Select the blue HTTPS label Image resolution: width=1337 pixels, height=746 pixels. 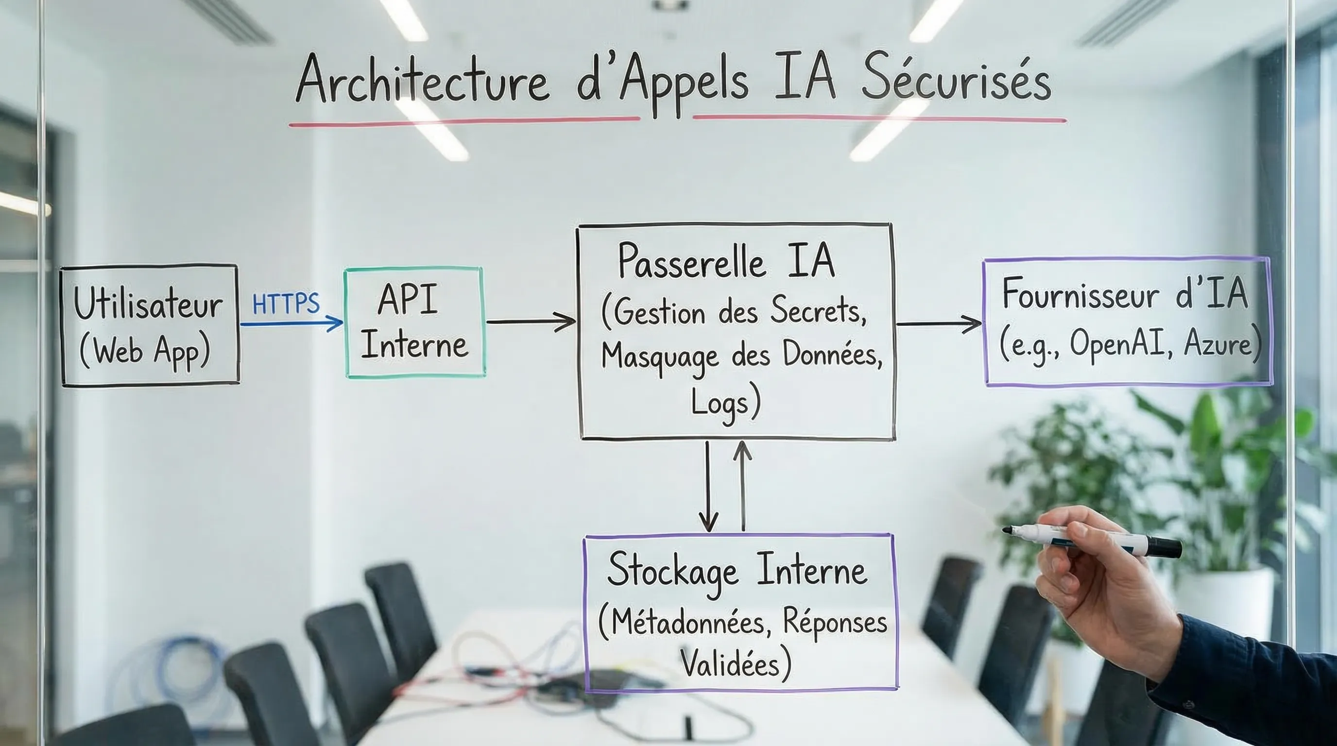pos(286,304)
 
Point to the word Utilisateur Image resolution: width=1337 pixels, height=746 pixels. pos(148,305)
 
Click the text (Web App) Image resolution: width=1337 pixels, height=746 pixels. pos(145,351)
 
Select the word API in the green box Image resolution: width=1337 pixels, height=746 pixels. pos(408,299)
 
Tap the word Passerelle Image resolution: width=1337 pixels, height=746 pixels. pos(691,262)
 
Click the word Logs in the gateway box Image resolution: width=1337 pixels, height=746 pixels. pos(720,404)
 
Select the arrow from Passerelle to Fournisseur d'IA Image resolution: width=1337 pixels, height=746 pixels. pos(939,324)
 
